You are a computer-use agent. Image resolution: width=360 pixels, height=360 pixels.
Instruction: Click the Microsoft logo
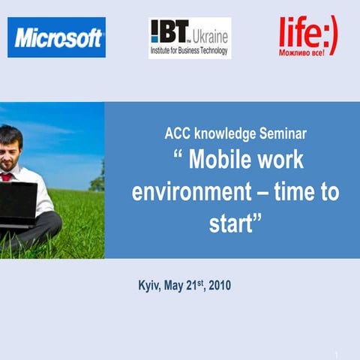coord(56,37)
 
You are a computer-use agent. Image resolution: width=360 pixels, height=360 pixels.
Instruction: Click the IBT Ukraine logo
coord(190,37)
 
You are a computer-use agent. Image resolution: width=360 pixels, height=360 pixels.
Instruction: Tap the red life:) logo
coord(307,37)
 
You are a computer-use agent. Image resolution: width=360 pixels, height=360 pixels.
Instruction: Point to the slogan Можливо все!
coord(307,53)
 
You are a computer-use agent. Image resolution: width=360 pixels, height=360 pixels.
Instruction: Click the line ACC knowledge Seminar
coord(235,135)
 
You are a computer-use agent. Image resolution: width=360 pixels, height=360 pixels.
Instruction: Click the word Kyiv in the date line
coord(150,286)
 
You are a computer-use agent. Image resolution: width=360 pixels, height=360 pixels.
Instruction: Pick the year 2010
coord(220,286)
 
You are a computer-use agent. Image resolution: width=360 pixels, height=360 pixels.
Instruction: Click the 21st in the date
coord(197,285)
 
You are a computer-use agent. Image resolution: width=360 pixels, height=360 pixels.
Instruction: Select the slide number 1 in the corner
coord(337,354)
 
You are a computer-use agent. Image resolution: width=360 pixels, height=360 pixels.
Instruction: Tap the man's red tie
coord(7,177)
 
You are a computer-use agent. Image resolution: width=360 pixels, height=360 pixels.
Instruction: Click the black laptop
coord(16,200)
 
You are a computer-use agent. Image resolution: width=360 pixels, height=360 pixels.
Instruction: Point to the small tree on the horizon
coord(97,182)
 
